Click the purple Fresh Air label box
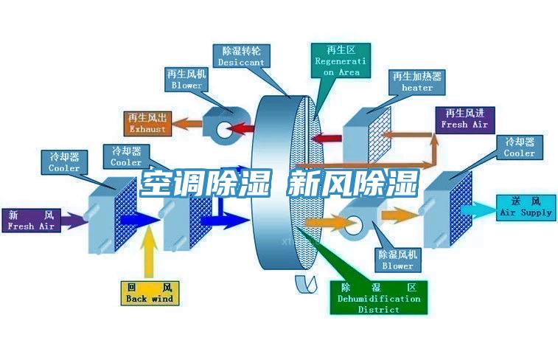click(32, 221)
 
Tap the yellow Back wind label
click(150, 293)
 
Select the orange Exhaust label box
click(147, 123)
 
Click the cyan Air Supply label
click(526, 207)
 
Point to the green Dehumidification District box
click(379, 299)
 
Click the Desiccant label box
click(241, 57)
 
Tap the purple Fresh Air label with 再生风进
click(464, 119)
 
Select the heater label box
click(417, 83)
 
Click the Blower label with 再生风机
click(186, 80)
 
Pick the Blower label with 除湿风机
click(398, 260)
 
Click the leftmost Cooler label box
click(64, 162)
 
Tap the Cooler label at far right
click(520, 148)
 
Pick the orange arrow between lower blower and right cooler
click(399, 215)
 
